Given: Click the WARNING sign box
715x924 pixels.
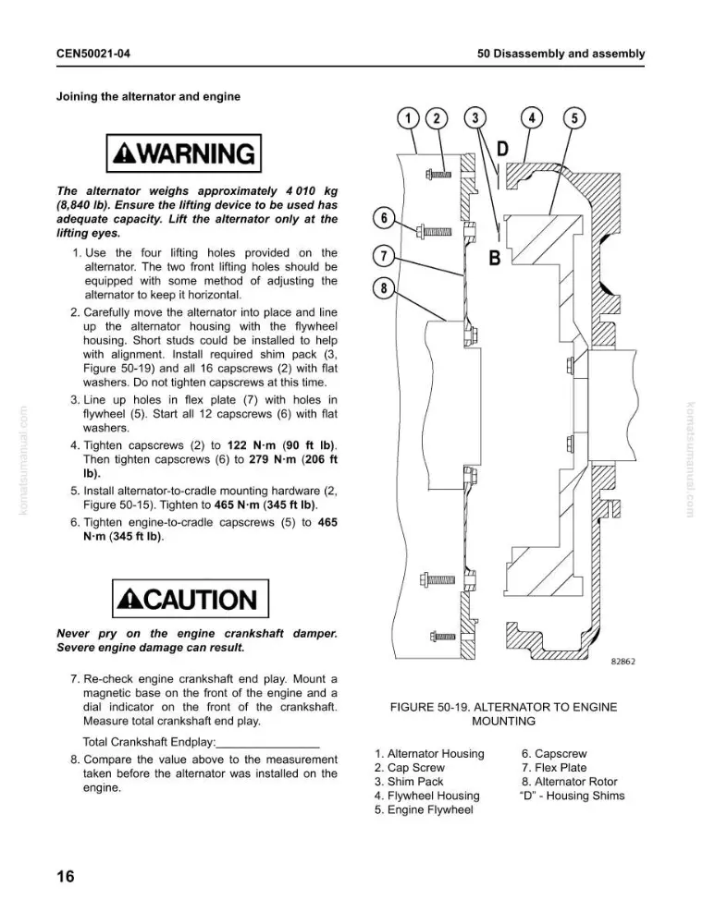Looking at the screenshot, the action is click(183, 153).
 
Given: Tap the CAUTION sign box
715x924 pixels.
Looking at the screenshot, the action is click(190, 599).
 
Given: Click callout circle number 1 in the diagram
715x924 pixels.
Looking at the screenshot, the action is click(408, 118).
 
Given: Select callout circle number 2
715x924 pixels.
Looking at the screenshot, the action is click(437, 118).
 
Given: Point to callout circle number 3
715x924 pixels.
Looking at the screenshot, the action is click(475, 118).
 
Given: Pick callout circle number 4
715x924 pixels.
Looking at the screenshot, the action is click(532, 118).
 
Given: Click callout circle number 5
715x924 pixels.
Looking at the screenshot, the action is click(574, 118).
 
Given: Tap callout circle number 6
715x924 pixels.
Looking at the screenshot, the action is click(384, 218).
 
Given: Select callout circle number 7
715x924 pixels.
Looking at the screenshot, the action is click(384, 256).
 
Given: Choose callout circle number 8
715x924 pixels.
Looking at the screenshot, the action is click(384, 288).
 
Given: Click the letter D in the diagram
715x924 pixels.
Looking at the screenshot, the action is click(502, 149).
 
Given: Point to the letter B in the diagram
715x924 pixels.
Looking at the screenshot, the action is click(494, 258).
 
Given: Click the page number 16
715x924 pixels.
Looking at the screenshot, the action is click(66, 876).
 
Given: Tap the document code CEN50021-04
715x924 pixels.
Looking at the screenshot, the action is click(93, 54).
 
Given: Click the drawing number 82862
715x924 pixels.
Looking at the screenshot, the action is click(623, 662).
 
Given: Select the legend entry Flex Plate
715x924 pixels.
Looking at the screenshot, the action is click(554, 767).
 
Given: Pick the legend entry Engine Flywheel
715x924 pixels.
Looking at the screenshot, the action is click(424, 809).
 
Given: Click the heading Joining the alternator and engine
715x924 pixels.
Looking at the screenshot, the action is click(148, 97).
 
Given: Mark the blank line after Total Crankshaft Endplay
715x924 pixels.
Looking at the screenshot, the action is click(268, 747).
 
